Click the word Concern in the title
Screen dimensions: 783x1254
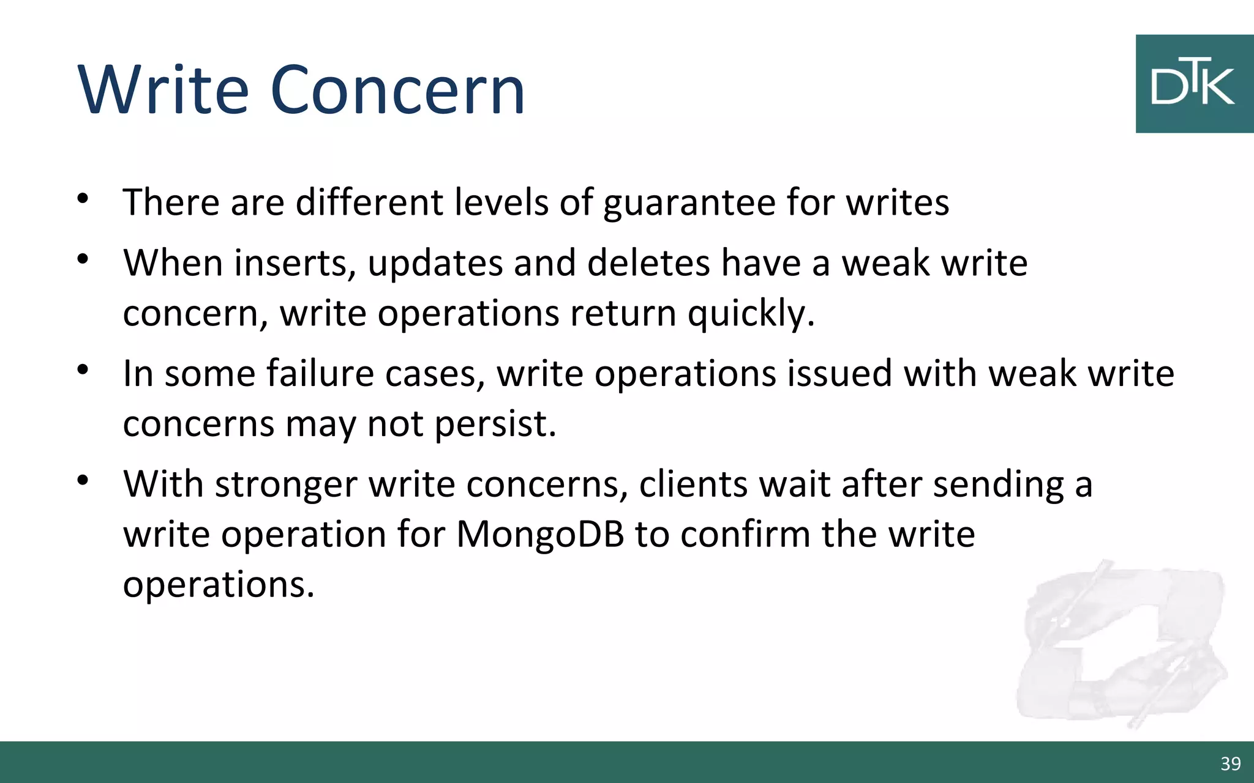[397, 90]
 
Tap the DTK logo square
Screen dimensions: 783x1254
[1194, 84]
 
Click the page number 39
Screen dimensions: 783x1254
[1230, 763]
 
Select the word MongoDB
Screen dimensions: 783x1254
[540, 534]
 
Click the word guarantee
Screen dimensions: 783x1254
[689, 203]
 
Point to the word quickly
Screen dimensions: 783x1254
[751, 314]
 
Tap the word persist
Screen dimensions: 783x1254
[495, 424]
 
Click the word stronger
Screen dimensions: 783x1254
[286, 485]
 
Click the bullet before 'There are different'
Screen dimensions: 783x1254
[83, 198]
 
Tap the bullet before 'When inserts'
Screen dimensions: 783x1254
[83, 259]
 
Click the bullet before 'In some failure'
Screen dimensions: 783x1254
[83, 369]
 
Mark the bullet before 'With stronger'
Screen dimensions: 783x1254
[83, 480]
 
